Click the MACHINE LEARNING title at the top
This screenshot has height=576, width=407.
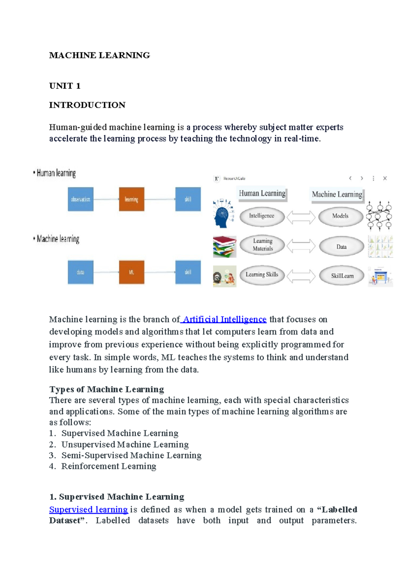tap(99, 55)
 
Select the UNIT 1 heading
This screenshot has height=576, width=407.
tap(65, 86)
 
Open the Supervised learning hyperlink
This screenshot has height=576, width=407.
tap(89, 509)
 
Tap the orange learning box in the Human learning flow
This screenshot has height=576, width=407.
tap(132, 199)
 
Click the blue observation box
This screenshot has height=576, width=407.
tap(80, 199)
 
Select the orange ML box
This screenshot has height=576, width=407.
tap(132, 272)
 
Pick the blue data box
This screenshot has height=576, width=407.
tap(80, 272)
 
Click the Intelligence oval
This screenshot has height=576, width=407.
tap(262, 216)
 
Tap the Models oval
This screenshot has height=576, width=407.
tap(341, 216)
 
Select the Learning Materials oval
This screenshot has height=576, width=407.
tap(263, 245)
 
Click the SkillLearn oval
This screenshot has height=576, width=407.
tap(342, 275)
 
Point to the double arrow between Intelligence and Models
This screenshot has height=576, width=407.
tap(301, 217)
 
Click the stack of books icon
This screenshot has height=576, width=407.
tap(224, 247)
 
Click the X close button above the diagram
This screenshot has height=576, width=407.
tap(385, 178)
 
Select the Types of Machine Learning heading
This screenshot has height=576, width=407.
tap(106, 389)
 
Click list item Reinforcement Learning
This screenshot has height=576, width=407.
tap(109, 466)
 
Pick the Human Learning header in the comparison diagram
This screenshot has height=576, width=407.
tap(262, 194)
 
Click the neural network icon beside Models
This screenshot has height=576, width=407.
tap(380, 215)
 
